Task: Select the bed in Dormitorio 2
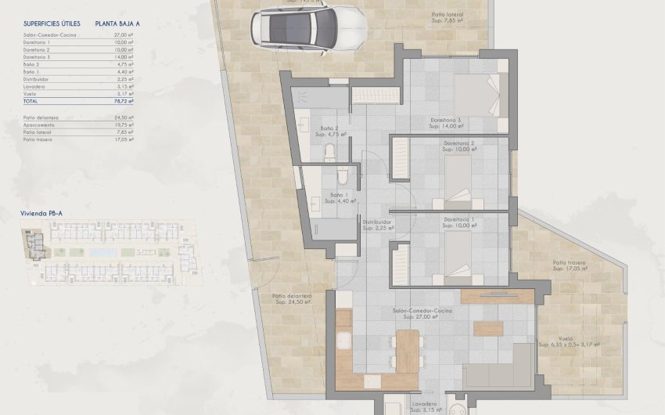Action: point(461,180)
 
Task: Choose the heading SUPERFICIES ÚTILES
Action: point(48,24)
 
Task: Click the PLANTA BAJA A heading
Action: point(117,24)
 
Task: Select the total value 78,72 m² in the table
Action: point(122,101)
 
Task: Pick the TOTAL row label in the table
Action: point(31,101)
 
